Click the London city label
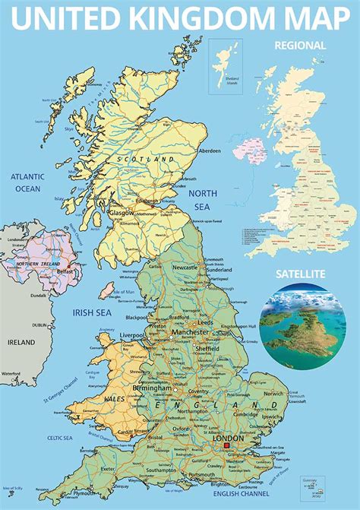pyautogui.click(x=229, y=439)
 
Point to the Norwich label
pyautogui.click(x=274, y=394)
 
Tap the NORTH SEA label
pyautogui.click(x=203, y=200)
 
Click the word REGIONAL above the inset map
pyautogui.click(x=301, y=45)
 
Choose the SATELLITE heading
pyautogui.click(x=302, y=273)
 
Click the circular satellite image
pyautogui.click(x=302, y=327)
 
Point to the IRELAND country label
pyautogui.click(x=21, y=343)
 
